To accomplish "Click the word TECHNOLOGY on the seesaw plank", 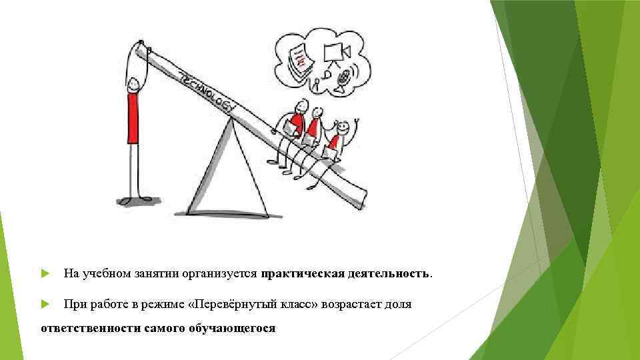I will pyautogui.click(x=207, y=91).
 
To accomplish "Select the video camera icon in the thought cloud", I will pyautogui.click(x=333, y=52).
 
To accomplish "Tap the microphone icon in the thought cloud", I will pyautogui.click(x=344, y=78).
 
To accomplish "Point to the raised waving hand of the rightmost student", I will pyautogui.click(x=357, y=121).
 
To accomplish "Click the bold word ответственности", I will pyautogui.click(x=90, y=329).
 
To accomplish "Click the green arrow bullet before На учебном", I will pyautogui.click(x=45, y=273).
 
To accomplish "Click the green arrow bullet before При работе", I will pyautogui.click(x=45, y=304).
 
